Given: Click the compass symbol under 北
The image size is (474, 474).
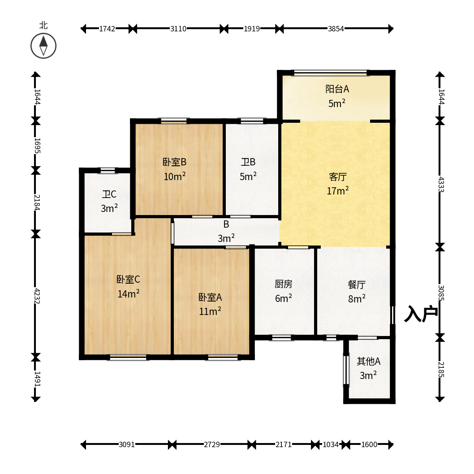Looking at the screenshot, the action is tap(43, 46).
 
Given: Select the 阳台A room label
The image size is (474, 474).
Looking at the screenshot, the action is tap(337, 89).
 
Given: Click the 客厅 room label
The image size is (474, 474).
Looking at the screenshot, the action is tap(338, 177).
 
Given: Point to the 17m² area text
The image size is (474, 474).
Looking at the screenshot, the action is tap(338, 190).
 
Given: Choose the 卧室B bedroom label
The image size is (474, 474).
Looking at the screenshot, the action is tap(174, 162).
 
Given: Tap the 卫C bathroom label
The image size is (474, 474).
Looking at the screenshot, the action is tap(109, 194).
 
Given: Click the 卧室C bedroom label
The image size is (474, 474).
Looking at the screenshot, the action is tap(128, 279).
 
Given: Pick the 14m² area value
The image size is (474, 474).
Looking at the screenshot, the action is tap(129, 293).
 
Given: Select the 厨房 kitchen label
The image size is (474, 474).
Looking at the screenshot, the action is tap(284, 284).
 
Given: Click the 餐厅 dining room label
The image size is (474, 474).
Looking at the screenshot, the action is tap(357, 284).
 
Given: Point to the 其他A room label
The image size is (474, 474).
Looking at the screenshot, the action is tap(369, 361).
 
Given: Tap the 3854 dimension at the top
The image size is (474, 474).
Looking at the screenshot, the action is tap(336, 29).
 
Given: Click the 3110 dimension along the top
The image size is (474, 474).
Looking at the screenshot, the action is tap(178, 29).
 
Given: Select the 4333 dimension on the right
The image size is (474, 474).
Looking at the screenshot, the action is tap(441, 185).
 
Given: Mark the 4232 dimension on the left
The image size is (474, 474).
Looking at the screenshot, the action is tap(37, 296).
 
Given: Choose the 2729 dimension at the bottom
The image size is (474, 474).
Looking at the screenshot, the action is tap(211, 444).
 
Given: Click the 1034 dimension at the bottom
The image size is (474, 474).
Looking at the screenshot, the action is tap(330, 444).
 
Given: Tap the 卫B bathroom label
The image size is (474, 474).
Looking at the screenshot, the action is tap(248, 162).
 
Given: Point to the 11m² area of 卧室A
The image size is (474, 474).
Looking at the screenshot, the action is tap(210, 311).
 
